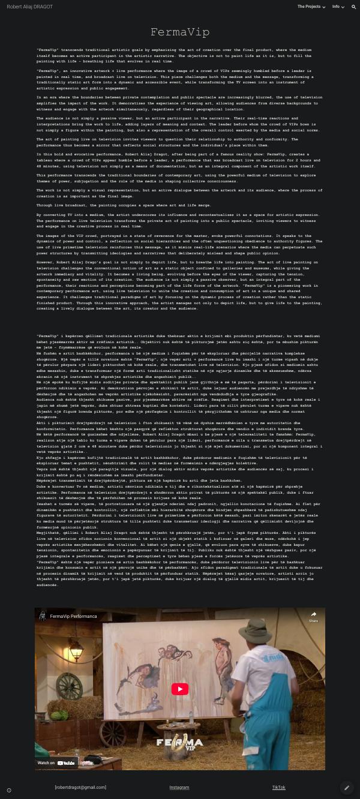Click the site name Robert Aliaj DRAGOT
tap(29, 7)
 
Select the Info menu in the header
tap(338, 7)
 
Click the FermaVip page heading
tap(179, 32)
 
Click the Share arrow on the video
tap(313, 615)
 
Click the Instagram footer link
tap(179, 787)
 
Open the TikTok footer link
tap(278, 787)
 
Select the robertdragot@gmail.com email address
tap(80, 787)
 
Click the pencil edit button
tap(346, 787)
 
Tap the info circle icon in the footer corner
tap(8, 790)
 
